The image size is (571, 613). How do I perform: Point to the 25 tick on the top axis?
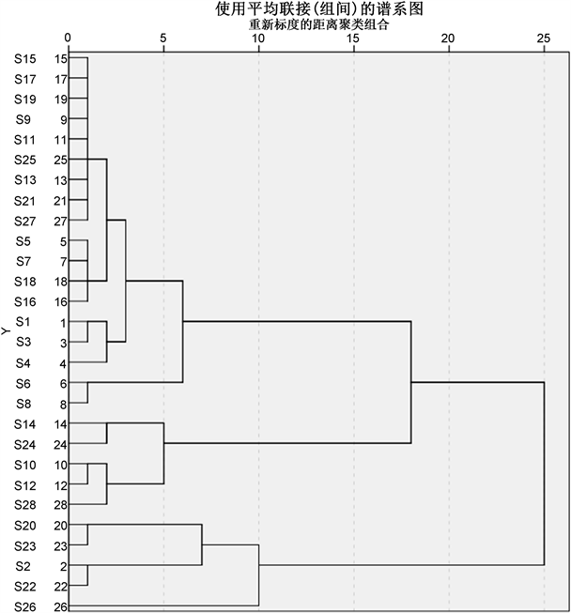coord(544,38)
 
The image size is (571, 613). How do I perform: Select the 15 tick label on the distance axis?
coord(353,38)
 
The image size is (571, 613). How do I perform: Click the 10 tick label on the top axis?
coord(258,38)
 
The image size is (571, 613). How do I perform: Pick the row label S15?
coord(25,59)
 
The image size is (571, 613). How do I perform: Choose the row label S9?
coord(25,119)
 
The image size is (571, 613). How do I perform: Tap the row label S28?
coord(25,506)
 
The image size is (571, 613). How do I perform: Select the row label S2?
coord(25,566)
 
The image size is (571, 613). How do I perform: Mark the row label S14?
coord(25,424)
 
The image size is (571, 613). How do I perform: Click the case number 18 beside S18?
coord(60,282)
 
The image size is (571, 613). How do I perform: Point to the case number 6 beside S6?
coord(62,383)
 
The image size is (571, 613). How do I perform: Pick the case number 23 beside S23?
coord(60,545)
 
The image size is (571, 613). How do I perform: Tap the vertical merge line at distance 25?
coord(544,473)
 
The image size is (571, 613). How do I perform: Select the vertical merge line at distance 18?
coord(411,381)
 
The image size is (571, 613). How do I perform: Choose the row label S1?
coord(25,322)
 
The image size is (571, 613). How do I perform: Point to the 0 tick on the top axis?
coord(69,38)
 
